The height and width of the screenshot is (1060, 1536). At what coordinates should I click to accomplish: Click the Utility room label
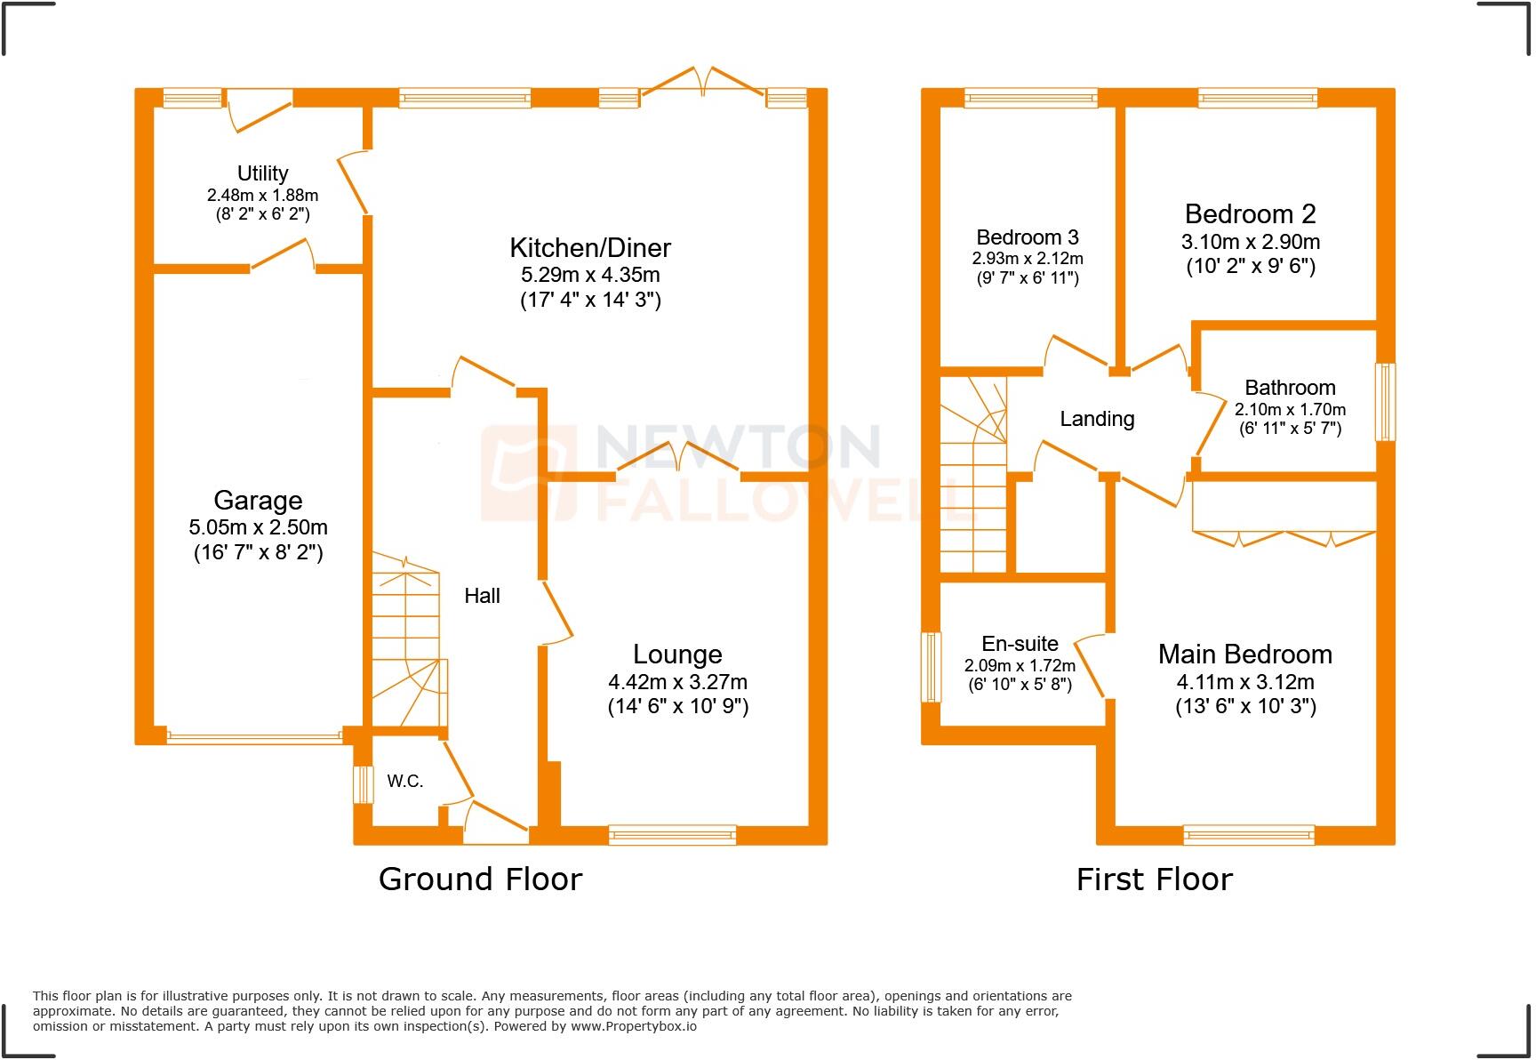point(262,173)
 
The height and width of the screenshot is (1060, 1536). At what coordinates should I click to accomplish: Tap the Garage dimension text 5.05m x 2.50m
point(258,527)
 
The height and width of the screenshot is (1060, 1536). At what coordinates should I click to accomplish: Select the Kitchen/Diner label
point(590,247)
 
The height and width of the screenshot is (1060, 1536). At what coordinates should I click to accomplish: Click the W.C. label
point(404,782)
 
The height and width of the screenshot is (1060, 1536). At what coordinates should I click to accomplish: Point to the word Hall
point(482,596)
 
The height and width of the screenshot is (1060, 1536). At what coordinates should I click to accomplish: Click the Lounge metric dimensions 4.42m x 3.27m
point(677,682)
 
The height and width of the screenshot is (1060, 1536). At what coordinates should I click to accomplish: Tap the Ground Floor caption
point(480,879)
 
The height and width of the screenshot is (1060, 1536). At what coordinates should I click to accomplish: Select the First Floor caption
point(1154,879)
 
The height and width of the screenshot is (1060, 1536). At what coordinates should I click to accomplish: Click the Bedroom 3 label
point(1027,237)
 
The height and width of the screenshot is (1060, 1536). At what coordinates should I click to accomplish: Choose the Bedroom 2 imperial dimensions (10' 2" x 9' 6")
point(1250,266)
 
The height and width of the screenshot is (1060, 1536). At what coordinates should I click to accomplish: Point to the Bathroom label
point(1290,388)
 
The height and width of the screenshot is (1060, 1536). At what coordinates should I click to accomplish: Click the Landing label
point(1097,419)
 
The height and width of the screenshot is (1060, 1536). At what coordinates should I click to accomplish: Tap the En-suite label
point(1020,644)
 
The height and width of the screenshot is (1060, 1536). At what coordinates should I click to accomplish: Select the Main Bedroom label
point(1244,654)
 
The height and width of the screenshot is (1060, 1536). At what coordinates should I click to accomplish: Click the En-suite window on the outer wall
point(931,667)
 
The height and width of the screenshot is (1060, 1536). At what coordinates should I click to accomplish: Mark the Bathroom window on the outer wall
point(1385,402)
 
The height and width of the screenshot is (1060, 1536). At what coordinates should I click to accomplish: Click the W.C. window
point(363,784)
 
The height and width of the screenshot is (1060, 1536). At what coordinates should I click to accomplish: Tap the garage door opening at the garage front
point(254,736)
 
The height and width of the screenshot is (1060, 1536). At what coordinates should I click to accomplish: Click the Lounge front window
point(673,834)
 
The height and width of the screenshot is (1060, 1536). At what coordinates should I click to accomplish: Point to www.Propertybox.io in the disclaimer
point(633,1026)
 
